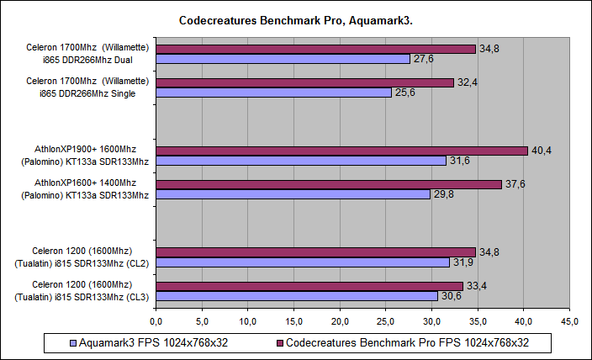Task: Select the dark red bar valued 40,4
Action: [341, 151]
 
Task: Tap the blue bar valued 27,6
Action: [283, 59]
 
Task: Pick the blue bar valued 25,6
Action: [273, 93]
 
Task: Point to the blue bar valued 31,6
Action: [301, 161]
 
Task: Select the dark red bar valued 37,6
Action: [329, 184]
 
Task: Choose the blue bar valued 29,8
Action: [293, 194]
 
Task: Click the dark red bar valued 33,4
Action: [309, 286]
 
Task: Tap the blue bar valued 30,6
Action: [297, 296]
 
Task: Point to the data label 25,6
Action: [404, 93]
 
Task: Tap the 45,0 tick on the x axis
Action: [570, 320]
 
